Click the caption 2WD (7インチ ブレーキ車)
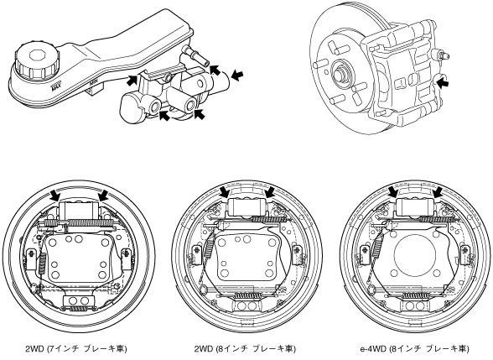coord(76,349)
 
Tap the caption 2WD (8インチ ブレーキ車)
coord(245,349)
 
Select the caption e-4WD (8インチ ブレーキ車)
coord(414,349)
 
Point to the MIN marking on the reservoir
coord(93,84)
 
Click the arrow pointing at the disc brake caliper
coord(443,83)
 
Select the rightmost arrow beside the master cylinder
coord(237,76)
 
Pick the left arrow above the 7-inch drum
coord(55,196)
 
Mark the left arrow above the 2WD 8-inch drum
coord(225,191)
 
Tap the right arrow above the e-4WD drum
coord(436,191)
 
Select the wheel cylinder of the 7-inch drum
coord(79,210)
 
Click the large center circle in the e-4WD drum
coord(414,253)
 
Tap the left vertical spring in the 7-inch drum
coord(42,263)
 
